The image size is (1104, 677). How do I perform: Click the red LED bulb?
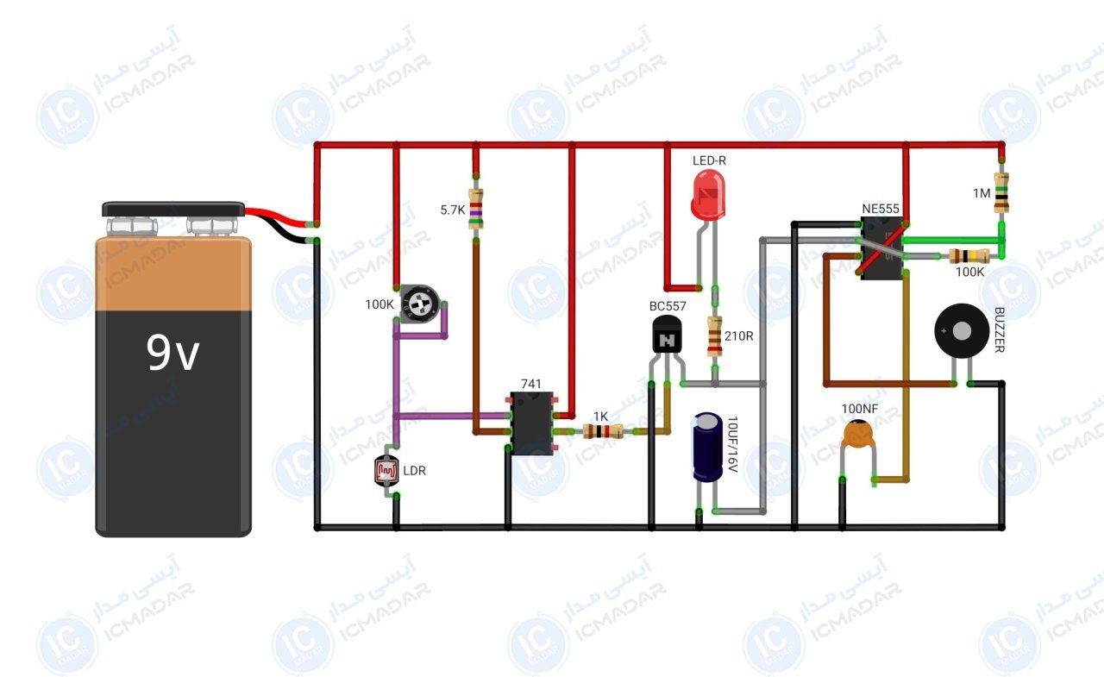pyautogui.click(x=708, y=195)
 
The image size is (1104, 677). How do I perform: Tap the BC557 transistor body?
pyautogui.click(x=667, y=335)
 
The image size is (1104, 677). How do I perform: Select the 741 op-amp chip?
pyautogui.click(x=531, y=423)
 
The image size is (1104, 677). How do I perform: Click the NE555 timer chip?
pyautogui.click(x=882, y=248)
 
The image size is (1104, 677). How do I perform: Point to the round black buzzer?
pyautogui.click(x=962, y=331)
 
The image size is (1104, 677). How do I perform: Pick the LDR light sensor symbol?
pyautogui.click(x=386, y=471)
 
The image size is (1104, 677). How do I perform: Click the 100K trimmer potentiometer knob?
pyautogui.click(x=419, y=304)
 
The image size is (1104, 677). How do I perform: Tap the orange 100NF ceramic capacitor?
pyautogui.click(x=858, y=434)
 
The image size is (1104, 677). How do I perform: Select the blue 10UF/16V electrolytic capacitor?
pyautogui.click(x=708, y=448)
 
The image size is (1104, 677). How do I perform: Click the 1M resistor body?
pyautogui.click(x=1001, y=192)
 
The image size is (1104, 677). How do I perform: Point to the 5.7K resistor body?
pyautogui.click(x=475, y=209)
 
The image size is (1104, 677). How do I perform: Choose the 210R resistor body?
pyautogui.click(x=715, y=336)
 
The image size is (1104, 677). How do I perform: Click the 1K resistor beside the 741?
pyautogui.click(x=603, y=431)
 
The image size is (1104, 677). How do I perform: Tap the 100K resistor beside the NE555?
pyautogui.click(x=969, y=256)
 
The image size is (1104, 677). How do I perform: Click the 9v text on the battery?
pyautogui.click(x=173, y=353)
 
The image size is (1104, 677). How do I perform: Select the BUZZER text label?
pyautogui.click(x=999, y=329)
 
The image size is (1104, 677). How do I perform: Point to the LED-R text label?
pyautogui.click(x=709, y=160)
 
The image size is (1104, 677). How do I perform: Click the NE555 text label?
pyautogui.click(x=881, y=209)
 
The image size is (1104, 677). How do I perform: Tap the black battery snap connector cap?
pyautogui.click(x=173, y=209)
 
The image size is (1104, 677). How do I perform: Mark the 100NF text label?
pyautogui.click(x=860, y=409)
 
